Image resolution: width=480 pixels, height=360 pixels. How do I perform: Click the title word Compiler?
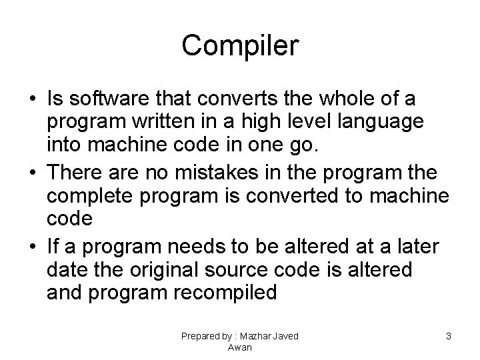pyautogui.click(x=240, y=46)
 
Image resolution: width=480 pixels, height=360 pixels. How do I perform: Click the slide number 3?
pyautogui.click(x=449, y=337)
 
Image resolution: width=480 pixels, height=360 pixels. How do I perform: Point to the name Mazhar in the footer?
pyautogui.click(x=257, y=337)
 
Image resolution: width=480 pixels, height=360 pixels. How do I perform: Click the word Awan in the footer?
pyautogui.click(x=239, y=347)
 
